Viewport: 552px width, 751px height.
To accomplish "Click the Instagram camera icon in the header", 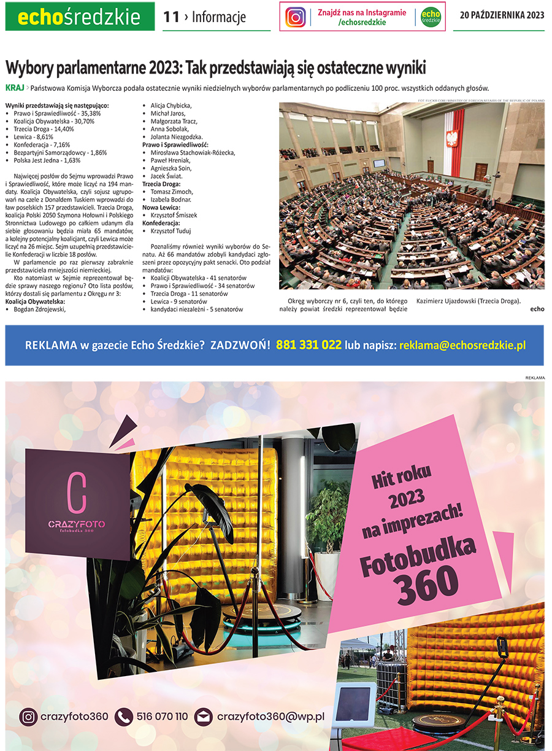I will point(296,17).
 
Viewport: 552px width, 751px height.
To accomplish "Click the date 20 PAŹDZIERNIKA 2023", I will point(502,16).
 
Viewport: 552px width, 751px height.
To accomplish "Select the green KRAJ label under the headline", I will point(15,88).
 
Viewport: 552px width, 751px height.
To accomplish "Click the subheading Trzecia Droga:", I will point(161,184).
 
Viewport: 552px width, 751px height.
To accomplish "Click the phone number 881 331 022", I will point(309,345).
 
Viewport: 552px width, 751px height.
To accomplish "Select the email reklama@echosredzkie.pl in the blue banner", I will point(462,346).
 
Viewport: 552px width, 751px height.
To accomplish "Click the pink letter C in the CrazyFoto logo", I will point(77,492).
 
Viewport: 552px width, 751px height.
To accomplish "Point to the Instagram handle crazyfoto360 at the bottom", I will point(74,717).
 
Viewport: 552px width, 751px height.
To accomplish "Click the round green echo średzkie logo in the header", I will point(432,17).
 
